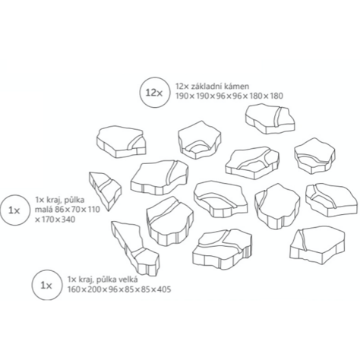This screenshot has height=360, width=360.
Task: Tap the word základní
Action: click(x=204, y=87)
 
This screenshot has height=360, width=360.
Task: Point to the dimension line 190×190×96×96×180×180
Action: click(x=229, y=96)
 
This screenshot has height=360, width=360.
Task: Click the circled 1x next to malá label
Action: click(x=14, y=210)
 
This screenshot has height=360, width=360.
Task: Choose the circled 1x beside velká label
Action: click(x=46, y=285)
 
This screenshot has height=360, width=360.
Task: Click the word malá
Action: click(x=45, y=210)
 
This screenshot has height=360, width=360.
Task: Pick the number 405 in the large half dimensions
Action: click(x=163, y=289)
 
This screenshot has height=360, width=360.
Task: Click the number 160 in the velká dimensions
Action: click(x=74, y=289)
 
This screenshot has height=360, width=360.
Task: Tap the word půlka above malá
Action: click(x=74, y=201)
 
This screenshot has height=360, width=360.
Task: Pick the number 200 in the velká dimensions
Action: click(x=95, y=289)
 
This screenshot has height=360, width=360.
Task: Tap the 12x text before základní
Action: click(x=182, y=87)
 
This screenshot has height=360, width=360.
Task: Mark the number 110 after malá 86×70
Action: click(x=93, y=210)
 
